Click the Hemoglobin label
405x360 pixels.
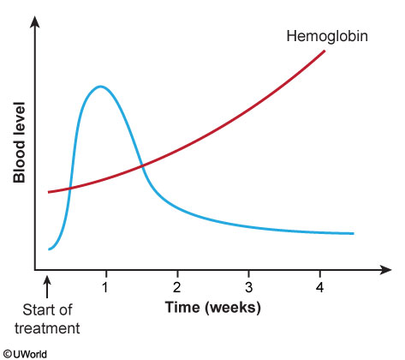tap(327, 37)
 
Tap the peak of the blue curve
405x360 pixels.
tap(100, 86)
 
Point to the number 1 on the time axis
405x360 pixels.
tap(105, 287)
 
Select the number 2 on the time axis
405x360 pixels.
tap(177, 287)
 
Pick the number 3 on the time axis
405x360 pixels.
tap(248, 287)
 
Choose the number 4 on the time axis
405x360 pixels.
tap(320, 287)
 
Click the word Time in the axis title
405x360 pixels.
tap(182, 308)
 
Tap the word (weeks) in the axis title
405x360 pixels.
tap(232, 308)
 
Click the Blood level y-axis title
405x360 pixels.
tap(20, 142)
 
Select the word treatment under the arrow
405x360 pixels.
tap(47, 328)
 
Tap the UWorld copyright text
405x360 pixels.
tap(24, 354)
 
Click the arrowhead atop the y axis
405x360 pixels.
tap(35, 21)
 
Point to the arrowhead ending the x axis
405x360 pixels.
tap(385, 270)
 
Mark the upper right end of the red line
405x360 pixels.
tap(325, 51)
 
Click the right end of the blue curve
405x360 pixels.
tap(353, 233)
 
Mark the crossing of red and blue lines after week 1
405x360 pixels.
tap(142, 165)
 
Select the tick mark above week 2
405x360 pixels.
tap(177, 273)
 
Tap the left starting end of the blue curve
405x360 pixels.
tap(49, 249)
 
